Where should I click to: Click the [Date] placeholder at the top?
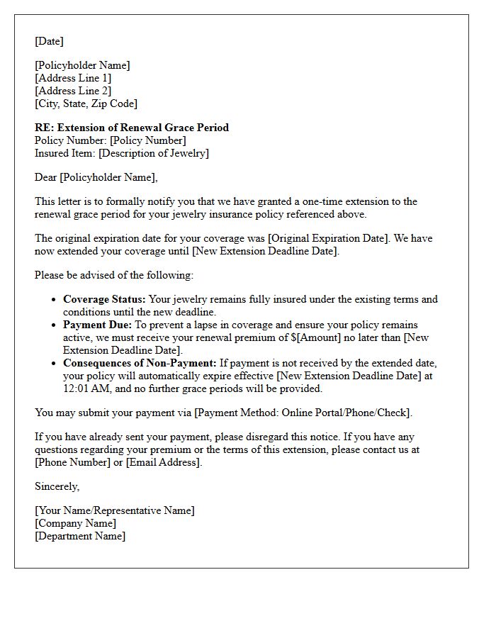point(49,41)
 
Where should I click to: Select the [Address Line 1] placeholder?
point(73,78)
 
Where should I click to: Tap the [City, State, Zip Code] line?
point(86,103)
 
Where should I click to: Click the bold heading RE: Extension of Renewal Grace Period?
point(132,128)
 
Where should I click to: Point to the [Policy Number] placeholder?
point(147,140)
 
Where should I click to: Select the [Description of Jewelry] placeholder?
point(154,153)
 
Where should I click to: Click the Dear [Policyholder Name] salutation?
point(96,177)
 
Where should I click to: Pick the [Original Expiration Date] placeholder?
point(327,238)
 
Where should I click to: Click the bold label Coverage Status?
point(104,299)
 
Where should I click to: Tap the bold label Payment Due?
point(97,325)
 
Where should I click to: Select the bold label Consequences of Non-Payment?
point(140,363)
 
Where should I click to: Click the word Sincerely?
point(57,486)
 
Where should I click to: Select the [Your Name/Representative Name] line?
point(114,510)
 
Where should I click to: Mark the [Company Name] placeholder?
point(75,523)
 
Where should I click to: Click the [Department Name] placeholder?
point(80,536)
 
